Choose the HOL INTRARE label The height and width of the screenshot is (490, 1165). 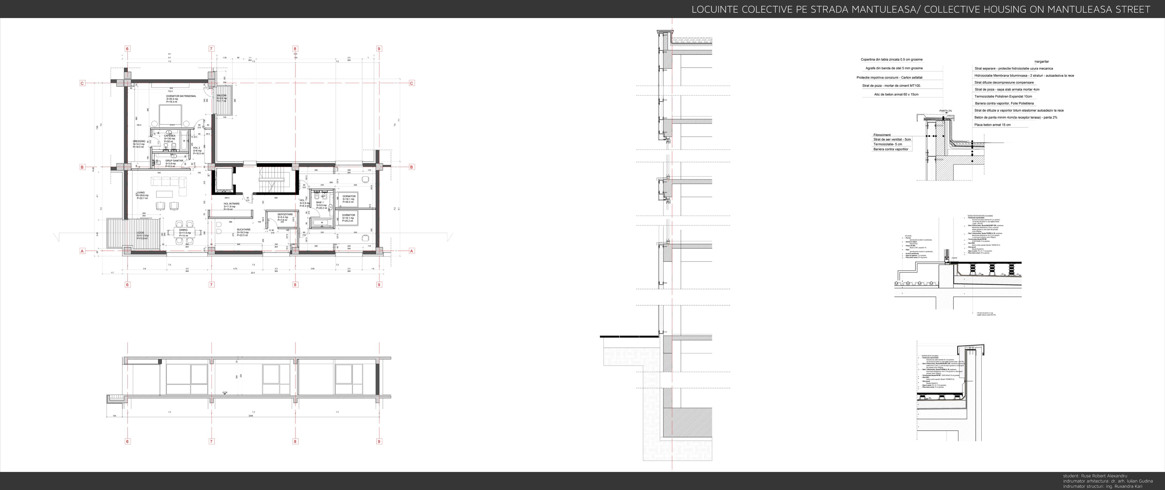pos(232,204)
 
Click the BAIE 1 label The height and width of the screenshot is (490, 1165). pos(320,203)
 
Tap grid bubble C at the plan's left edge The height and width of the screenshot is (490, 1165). pos(82,83)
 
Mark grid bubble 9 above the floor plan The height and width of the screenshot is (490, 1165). pos(379,49)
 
